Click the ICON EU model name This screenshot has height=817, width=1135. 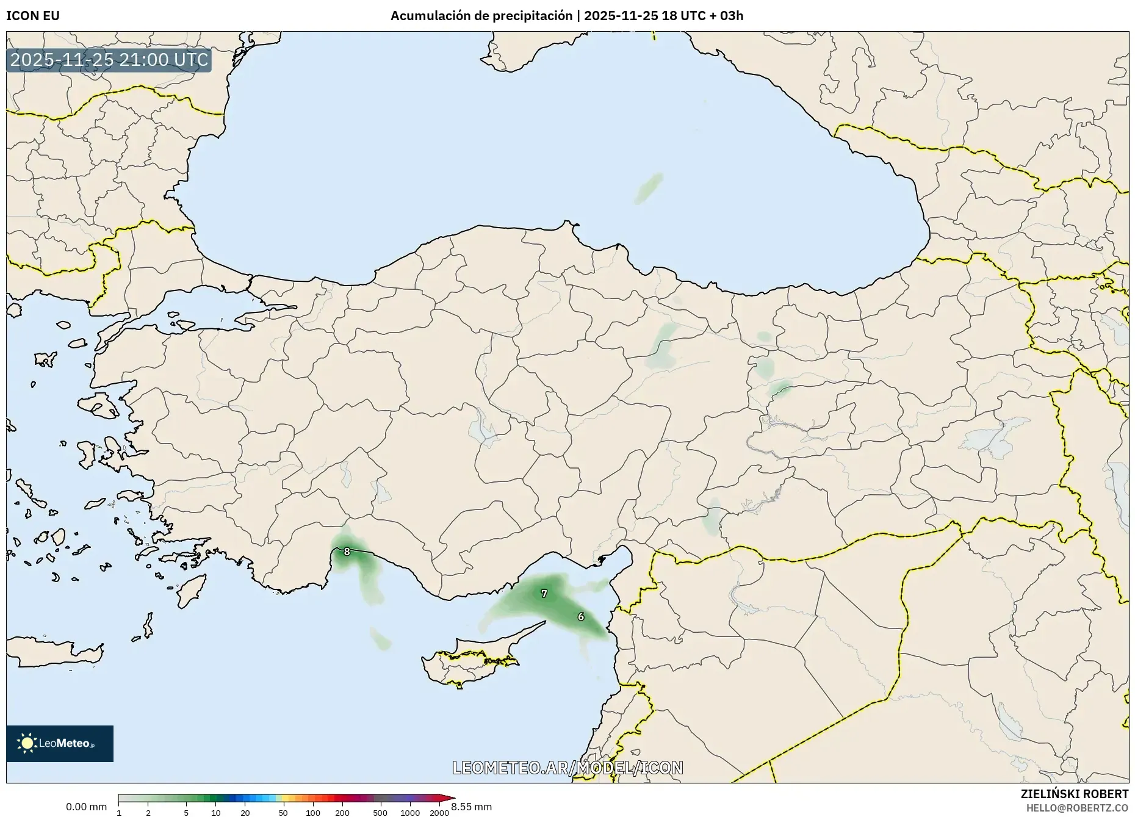[x=33, y=16]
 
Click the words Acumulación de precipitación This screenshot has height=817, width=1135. [x=481, y=16]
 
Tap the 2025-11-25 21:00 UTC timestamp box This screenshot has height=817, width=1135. [x=109, y=60]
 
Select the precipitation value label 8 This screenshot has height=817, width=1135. [x=347, y=552]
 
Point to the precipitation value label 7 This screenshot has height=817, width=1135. [x=544, y=593]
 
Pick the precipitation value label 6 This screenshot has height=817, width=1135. [x=581, y=617]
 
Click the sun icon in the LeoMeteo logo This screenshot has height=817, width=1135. [x=27, y=743]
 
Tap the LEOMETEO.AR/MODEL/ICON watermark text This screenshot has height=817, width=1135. [x=567, y=768]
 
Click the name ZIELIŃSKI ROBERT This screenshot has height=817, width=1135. [x=1075, y=794]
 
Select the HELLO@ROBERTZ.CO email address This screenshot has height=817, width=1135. [x=1077, y=808]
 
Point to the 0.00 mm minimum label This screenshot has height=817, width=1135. [x=86, y=807]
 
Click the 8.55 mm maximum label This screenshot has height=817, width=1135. [x=472, y=807]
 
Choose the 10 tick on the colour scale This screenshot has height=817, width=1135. [x=215, y=813]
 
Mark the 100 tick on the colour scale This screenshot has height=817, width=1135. [x=312, y=813]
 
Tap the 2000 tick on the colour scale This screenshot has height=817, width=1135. [x=439, y=813]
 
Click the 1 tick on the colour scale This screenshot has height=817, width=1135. [x=119, y=813]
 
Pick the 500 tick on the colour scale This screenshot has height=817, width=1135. [x=380, y=813]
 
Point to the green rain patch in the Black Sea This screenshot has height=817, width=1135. [x=649, y=188]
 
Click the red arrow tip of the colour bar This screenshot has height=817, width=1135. [x=452, y=798]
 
